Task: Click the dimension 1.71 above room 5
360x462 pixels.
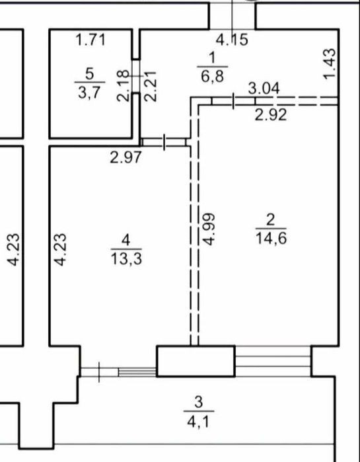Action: [x=90, y=40]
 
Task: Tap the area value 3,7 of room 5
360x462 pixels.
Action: [x=89, y=93]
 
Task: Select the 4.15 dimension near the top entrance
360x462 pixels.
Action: [x=233, y=40]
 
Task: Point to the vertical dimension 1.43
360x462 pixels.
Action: [x=330, y=64]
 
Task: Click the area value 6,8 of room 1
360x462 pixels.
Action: [x=212, y=76]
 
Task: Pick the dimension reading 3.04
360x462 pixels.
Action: [x=264, y=89]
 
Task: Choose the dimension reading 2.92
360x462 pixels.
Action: [x=271, y=115]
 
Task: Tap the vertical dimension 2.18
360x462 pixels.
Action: [x=123, y=86]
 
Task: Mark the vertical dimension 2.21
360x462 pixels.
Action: [x=151, y=87]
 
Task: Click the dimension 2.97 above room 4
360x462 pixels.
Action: [x=126, y=157]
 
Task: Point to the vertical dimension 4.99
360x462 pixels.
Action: [x=210, y=229]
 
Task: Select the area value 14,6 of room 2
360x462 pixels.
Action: [x=271, y=238]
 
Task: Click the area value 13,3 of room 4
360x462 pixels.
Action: [x=126, y=259]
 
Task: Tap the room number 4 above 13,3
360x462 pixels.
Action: [x=126, y=241]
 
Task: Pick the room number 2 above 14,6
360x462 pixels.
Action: [x=270, y=220]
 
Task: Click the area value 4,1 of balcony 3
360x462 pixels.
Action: [x=199, y=421]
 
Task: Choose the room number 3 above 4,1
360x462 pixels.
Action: [x=199, y=403]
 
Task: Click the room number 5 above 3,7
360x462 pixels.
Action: [x=89, y=73]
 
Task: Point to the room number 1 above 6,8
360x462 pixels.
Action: [x=213, y=58]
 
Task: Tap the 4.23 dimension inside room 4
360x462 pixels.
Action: [x=61, y=250]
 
